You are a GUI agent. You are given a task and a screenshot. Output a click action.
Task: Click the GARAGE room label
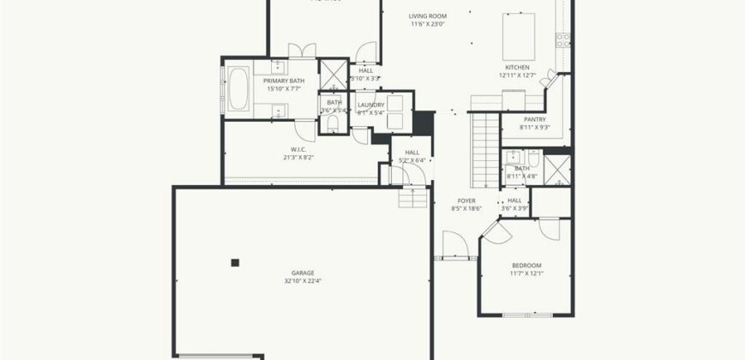coord(304,273)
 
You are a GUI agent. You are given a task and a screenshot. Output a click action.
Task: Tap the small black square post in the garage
coord(235,262)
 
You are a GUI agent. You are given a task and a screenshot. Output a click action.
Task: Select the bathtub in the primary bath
coord(238,88)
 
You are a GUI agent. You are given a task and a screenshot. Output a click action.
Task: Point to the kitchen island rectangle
coord(519,33)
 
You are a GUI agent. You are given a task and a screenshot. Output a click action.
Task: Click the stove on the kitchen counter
coord(563,38)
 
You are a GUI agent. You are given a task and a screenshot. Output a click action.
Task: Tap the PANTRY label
coord(534,119)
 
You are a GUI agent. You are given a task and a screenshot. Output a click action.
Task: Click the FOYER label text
coord(466,201)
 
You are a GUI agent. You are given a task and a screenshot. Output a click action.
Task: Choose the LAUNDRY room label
coord(371,105)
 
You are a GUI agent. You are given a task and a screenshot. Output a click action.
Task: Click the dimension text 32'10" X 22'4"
coord(304,281)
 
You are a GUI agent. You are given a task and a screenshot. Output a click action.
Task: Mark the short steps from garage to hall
coord(413,198)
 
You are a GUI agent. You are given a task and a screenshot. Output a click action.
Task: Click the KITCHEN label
coord(517,67)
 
